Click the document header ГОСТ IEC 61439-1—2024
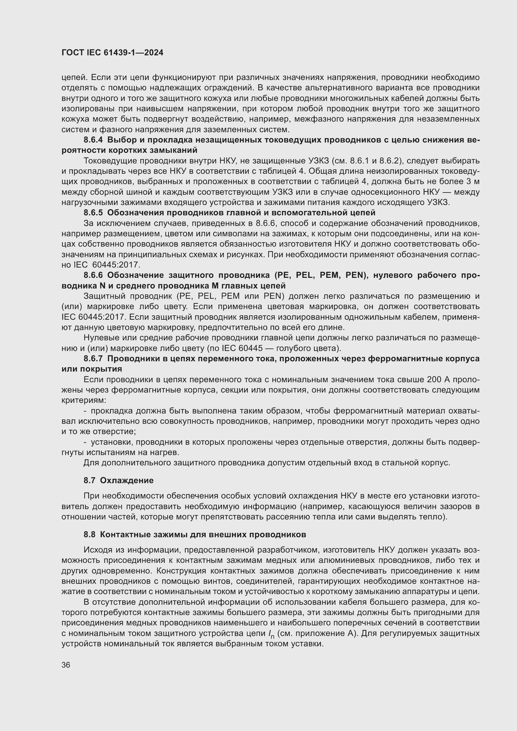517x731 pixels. (x=112, y=53)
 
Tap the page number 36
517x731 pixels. (x=66, y=665)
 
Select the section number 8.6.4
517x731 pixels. (x=93, y=140)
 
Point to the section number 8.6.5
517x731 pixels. (x=93, y=212)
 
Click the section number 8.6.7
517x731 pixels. (x=93, y=358)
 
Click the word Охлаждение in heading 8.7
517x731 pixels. (x=127, y=480)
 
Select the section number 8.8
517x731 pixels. (x=89, y=534)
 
